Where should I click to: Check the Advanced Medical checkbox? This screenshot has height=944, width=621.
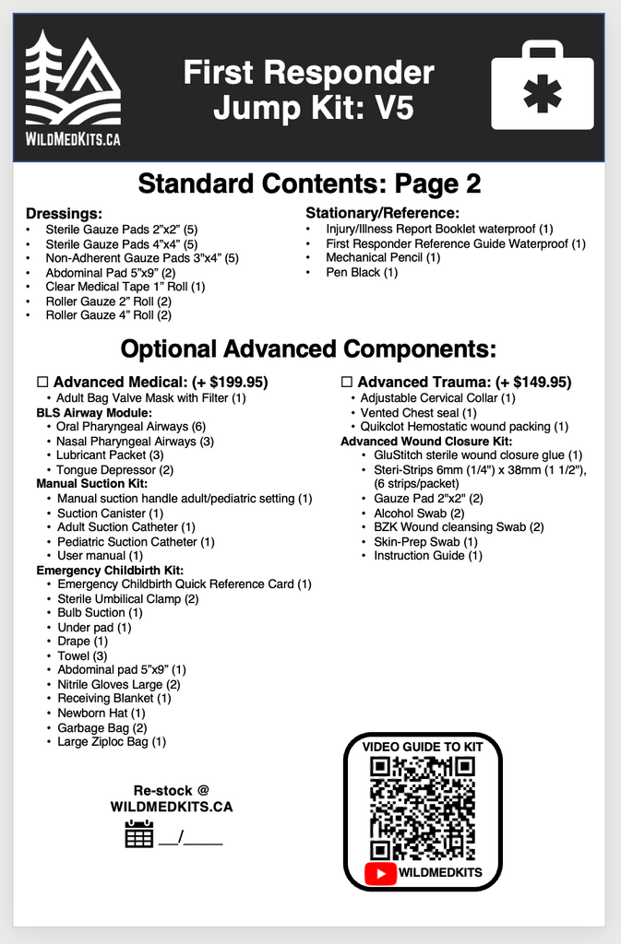pos(42,382)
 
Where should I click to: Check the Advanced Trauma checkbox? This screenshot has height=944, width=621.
pos(347,382)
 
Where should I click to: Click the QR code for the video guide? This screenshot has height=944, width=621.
pos(423,808)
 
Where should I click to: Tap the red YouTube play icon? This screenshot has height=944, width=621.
pos(380,872)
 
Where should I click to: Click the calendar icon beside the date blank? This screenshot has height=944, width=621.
pos(138,833)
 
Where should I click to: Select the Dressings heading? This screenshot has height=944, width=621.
pos(64,213)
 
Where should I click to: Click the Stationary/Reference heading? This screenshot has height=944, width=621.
pos(382,213)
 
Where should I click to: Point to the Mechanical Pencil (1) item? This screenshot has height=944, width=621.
pos(382,257)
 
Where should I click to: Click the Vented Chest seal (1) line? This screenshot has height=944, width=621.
pos(418,412)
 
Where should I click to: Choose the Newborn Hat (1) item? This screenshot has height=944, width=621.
pos(101,713)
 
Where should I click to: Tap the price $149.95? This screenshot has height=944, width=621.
pos(538,382)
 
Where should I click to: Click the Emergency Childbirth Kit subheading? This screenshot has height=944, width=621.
pos(110,570)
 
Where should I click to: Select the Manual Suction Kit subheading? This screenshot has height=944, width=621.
pos(91,483)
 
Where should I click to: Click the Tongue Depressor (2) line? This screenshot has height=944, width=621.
pos(114,469)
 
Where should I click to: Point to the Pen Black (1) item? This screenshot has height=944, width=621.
pos(361,272)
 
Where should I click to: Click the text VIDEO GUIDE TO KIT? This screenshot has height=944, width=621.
pos(423,746)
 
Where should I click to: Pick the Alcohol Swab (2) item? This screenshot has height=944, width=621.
pos(418,513)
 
